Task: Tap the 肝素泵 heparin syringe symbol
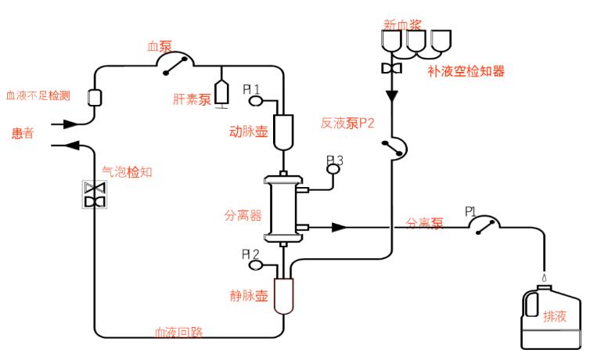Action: [222, 94]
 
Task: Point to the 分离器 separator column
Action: [282, 208]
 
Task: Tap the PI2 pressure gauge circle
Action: [255, 265]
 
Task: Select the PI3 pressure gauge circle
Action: [333, 167]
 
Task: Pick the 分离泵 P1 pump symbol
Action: [486, 226]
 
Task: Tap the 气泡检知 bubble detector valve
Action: [95, 195]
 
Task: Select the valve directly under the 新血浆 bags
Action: [390, 69]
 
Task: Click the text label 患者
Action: [23, 134]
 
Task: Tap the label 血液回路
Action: [178, 332]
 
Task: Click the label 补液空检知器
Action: [466, 71]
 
